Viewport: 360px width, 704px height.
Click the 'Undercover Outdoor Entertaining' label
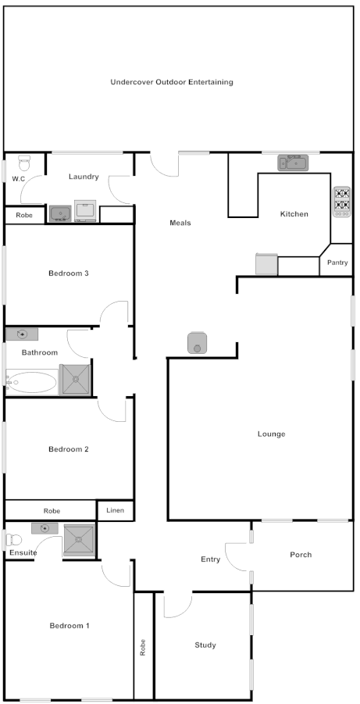(172, 82)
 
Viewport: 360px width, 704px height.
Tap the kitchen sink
(294, 163)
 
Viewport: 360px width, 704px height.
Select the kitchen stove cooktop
(341, 200)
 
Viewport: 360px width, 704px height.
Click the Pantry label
(337, 263)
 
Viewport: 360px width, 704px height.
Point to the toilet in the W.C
(24, 164)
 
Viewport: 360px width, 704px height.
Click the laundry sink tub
(59, 213)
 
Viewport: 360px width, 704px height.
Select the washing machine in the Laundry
(85, 211)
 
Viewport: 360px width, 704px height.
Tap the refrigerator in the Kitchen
(266, 264)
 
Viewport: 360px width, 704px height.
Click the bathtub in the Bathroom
(32, 382)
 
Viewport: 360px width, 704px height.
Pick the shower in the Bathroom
(77, 381)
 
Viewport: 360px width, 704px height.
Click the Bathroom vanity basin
(22, 334)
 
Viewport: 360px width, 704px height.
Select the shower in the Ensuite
(79, 540)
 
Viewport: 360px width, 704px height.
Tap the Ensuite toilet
(13, 539)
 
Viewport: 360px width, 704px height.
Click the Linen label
(115, 511)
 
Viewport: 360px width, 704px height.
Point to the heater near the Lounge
(198, 342)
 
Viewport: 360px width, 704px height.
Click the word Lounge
(271, 434)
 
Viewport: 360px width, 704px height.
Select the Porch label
(301, 555)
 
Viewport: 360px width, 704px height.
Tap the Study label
(205, 645)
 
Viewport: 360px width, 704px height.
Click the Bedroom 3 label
(69, 273)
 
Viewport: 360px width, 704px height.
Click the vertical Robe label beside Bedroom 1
(143, 648)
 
